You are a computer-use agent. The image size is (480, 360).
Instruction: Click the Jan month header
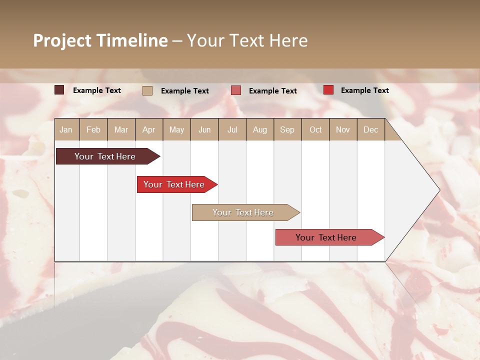click(x=66, y=130)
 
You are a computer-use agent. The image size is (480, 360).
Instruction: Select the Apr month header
click(x=148, y=130)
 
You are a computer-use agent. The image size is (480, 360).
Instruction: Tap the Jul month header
click(x=232, y=130)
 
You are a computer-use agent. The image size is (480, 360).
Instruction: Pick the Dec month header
click(x=370, y=130)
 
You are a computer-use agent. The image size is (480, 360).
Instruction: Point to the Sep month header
click(x=287, y=130)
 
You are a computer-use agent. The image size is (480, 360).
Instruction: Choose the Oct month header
click(x=315, y=130)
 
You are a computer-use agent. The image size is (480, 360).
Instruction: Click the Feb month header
click(x=93, y=130)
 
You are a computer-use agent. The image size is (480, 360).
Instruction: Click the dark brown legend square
click(x=59, y=90)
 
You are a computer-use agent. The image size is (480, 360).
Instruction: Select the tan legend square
click(x=147, y=90)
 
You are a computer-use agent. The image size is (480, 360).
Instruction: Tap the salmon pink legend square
click(x=236, y=90)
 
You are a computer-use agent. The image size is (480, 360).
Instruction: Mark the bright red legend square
click(x=328, y=90)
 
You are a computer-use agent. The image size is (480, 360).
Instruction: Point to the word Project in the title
click(x=62, y=41)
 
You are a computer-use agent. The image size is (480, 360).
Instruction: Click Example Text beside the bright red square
click(x=364, y=90)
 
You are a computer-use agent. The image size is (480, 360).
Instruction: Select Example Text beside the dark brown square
click(x=97, y=90)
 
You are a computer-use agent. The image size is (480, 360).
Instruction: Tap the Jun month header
click(x=204, y=130)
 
